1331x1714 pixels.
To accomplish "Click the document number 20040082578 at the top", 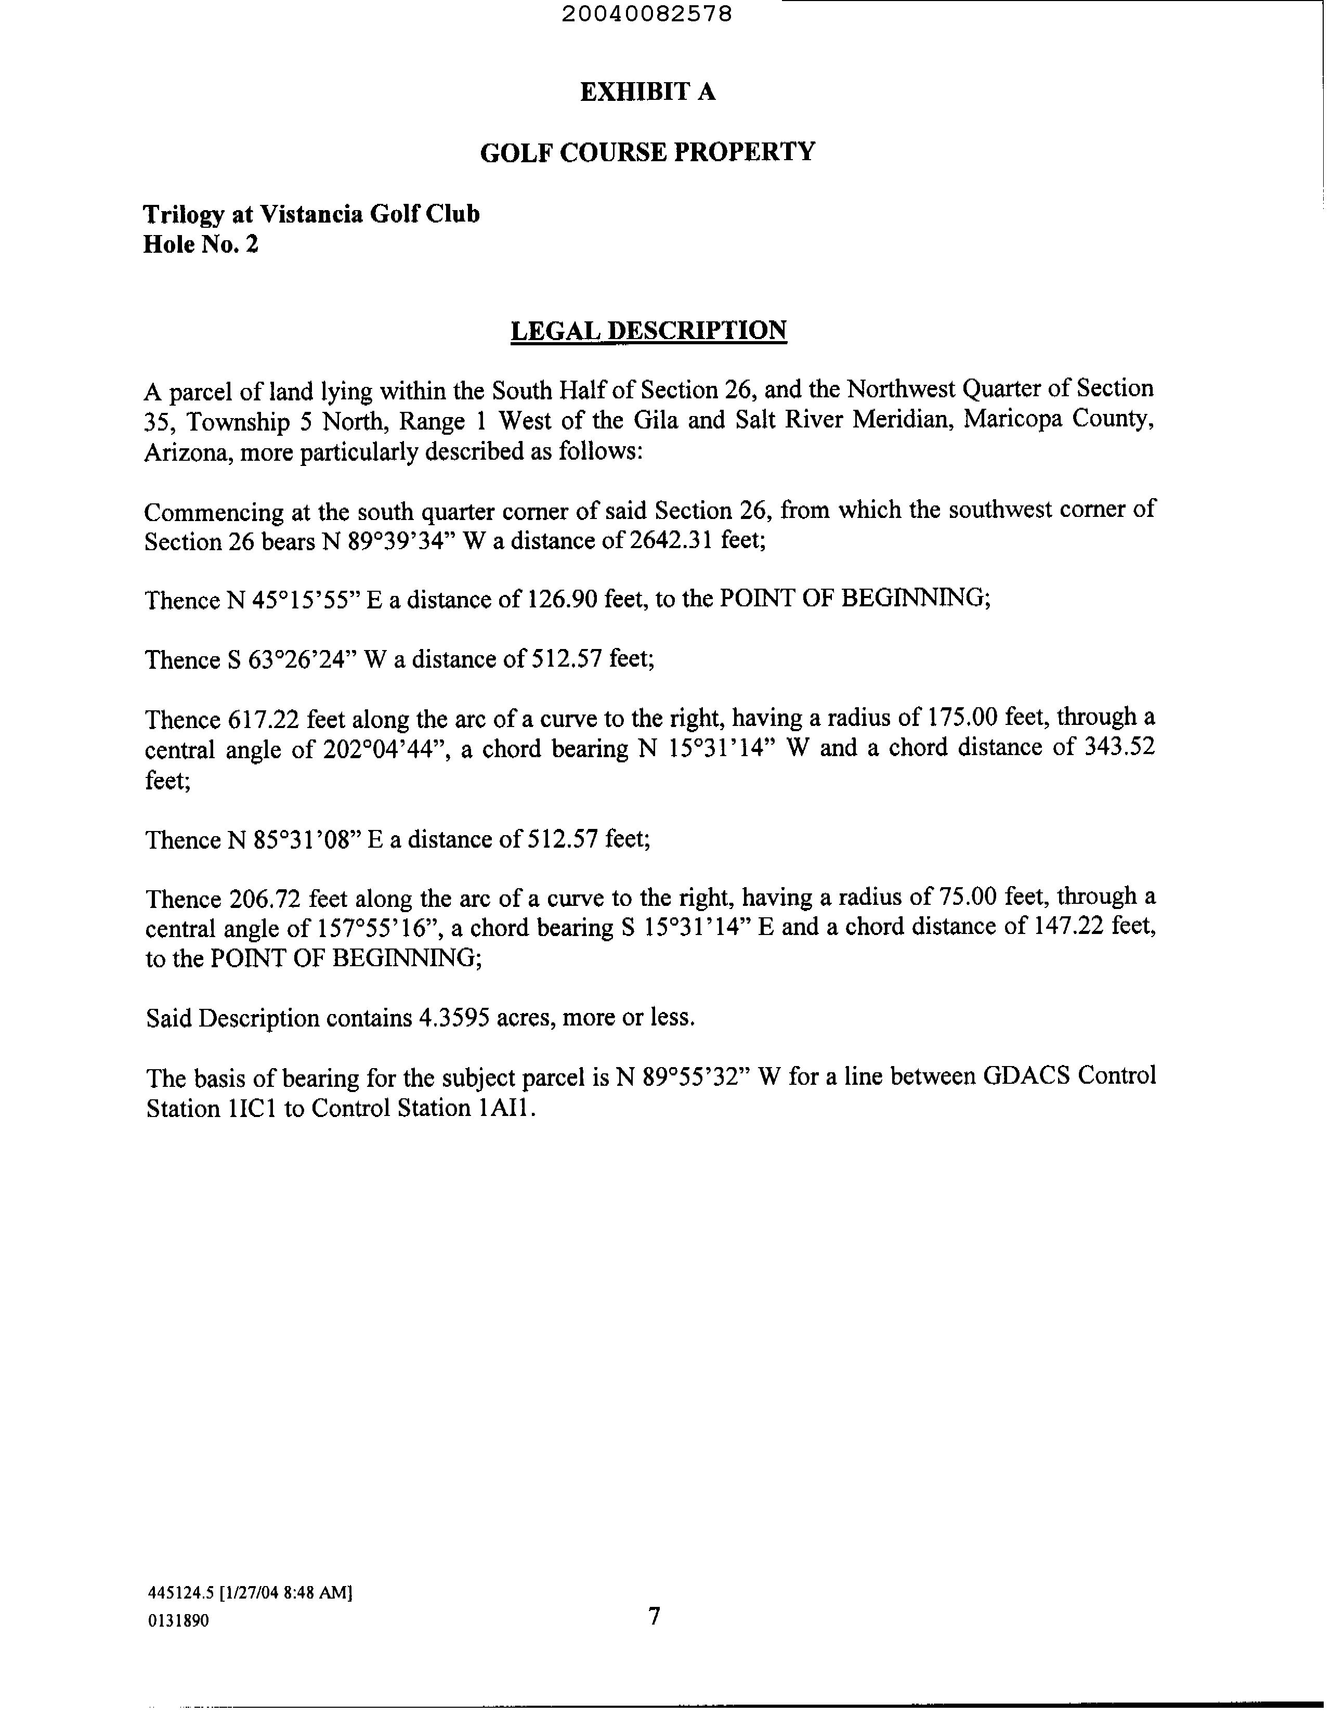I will coord(647,14).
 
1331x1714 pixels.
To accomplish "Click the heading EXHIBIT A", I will coord(647,92).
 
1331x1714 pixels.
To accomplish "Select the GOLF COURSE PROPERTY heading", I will coord(647,151).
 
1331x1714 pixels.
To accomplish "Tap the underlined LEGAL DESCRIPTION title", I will coord(648,330).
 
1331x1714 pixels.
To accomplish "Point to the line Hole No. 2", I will coord(201,245).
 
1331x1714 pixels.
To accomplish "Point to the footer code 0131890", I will coord(178,1620).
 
